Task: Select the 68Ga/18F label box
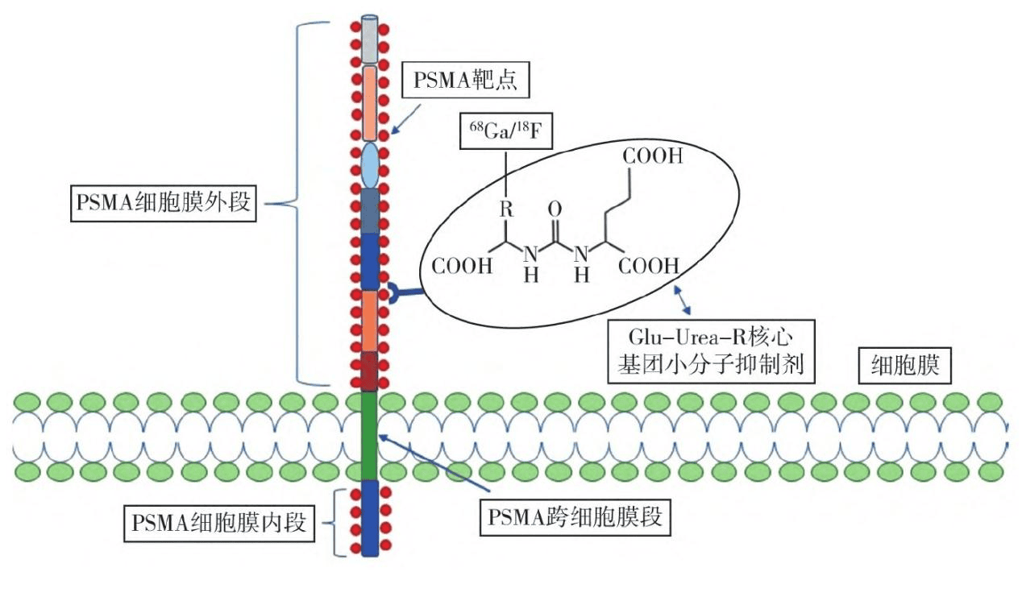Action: pos(505,131)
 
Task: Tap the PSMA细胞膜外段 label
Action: pos(166,205)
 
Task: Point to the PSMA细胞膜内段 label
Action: pos(217,524)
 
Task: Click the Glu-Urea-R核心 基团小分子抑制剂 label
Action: pos(708,351)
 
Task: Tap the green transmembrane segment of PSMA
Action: pos(369,435)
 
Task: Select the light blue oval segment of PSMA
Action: pos(369,164)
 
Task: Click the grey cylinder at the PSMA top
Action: pos(369,39)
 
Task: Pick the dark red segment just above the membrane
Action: pos(369,371)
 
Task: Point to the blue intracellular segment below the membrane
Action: pos(369,517)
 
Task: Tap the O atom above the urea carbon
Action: pos(555,211)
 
